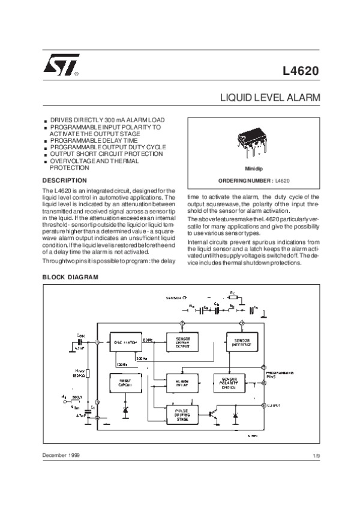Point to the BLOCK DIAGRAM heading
coord(71,278)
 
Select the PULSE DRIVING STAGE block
coord(182,415)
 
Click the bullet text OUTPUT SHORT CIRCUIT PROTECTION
coord(106,154)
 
